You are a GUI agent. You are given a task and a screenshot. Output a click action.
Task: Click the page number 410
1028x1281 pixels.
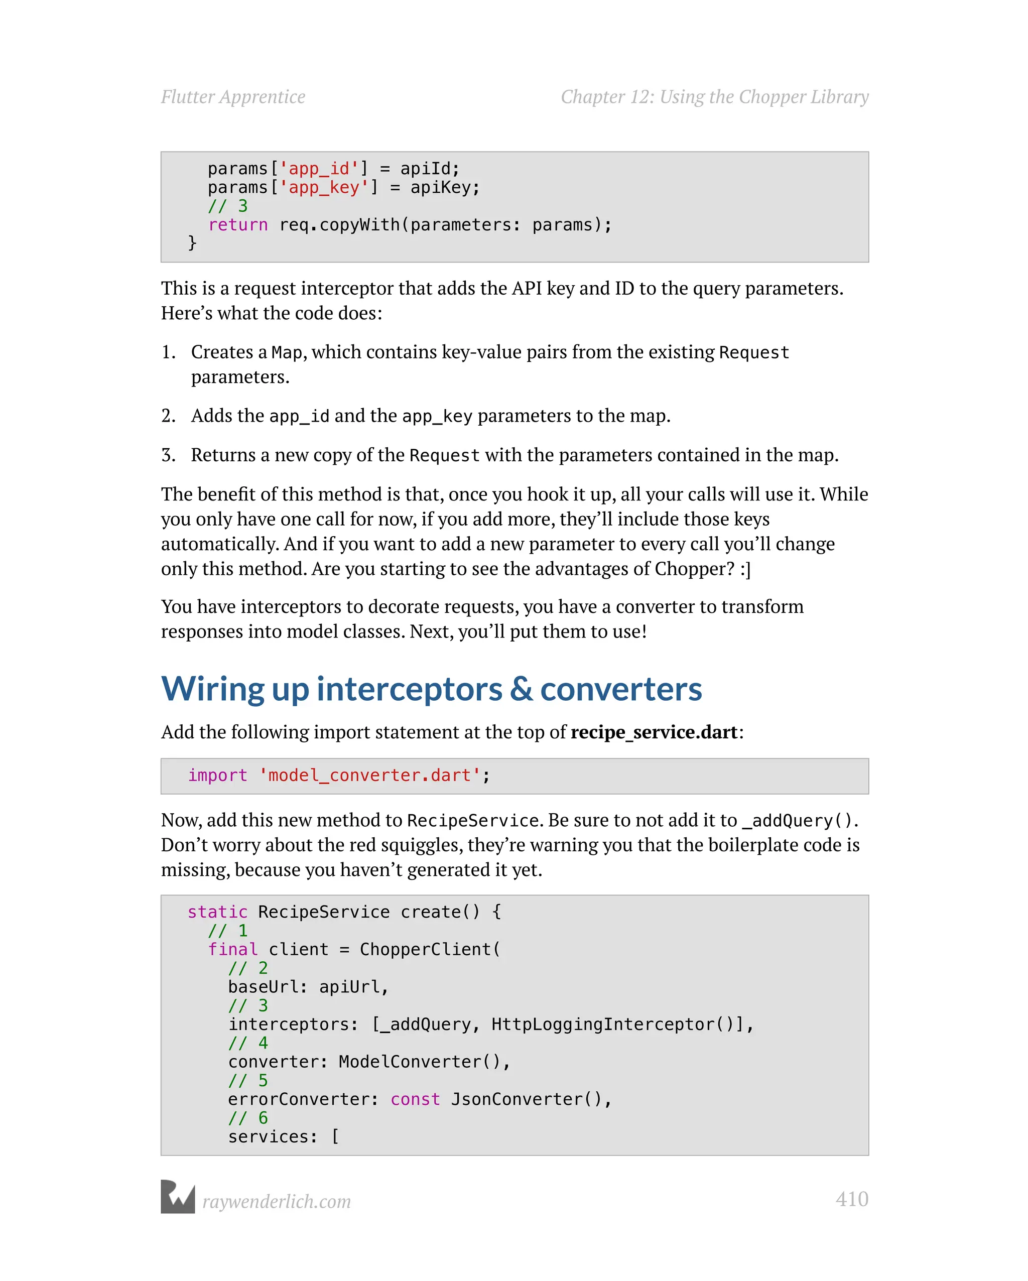(851, 1199)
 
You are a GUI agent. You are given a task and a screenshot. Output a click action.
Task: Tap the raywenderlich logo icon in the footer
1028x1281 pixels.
(178, 1197)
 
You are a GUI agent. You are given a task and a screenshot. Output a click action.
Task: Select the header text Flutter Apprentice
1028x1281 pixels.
(233, 97)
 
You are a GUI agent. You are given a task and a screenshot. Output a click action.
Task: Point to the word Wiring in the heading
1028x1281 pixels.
(213, 689)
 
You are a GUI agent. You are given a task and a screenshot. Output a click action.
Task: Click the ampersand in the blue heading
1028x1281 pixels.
(521, 689)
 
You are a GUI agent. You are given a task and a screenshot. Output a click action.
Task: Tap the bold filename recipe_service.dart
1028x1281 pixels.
(654, 732)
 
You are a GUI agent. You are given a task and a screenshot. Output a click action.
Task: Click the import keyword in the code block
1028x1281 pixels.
(217, 776)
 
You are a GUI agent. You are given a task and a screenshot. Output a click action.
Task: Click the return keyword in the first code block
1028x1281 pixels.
(238, 224)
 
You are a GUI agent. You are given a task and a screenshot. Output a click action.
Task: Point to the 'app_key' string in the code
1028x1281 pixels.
(324, 188)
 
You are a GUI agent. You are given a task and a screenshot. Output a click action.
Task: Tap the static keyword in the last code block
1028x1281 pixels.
(217, 912)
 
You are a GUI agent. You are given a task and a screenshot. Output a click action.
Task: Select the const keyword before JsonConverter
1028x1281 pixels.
(415, 1099)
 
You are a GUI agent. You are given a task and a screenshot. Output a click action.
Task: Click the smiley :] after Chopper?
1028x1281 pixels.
(745, 569)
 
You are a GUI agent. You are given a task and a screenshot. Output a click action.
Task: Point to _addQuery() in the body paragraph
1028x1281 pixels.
(798, 821)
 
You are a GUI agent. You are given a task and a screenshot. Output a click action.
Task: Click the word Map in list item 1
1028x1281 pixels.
(287, 352)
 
